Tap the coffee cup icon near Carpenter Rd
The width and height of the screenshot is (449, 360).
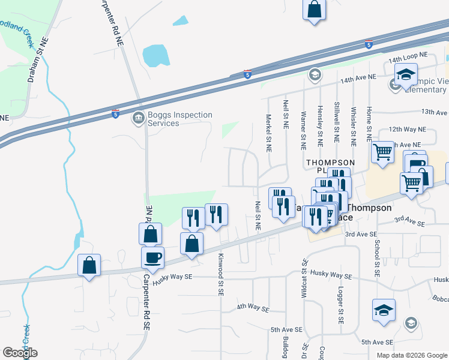pos(152,257)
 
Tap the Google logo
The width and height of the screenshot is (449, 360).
pos(20,353)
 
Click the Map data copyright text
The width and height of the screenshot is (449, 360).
pos(412,355)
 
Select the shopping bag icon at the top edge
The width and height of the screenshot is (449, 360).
pos(314,10)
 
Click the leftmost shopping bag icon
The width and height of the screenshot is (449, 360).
pos(89,265)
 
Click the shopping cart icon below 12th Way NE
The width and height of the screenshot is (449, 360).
pos(382,152)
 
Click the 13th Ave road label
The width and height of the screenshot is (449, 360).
pos(435,112)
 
